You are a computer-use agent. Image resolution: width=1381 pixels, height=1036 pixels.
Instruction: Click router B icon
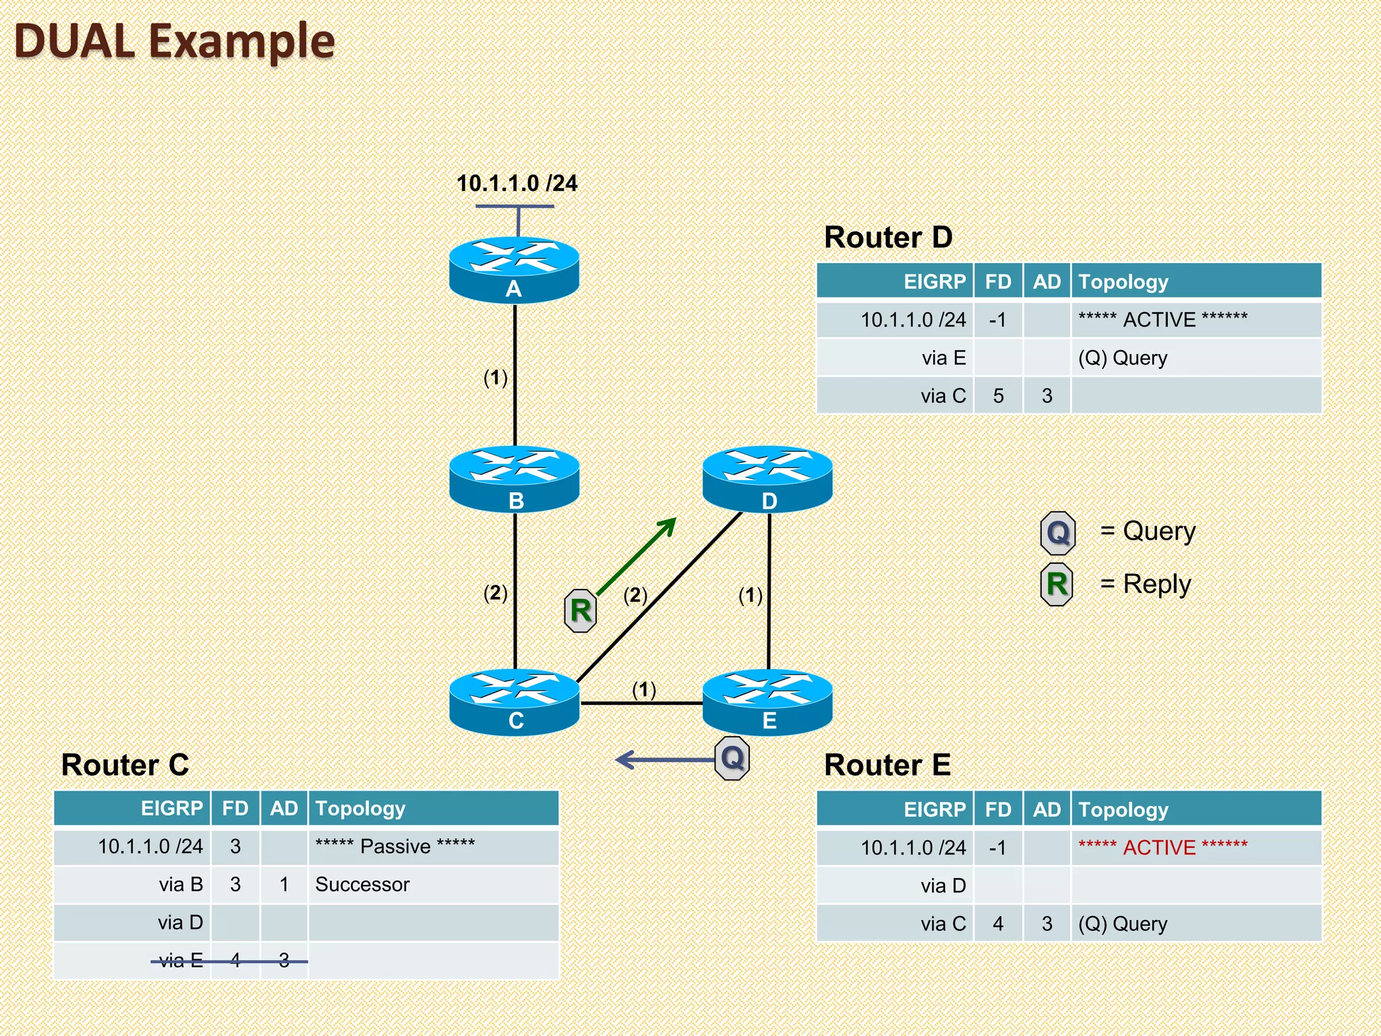coord(514,478)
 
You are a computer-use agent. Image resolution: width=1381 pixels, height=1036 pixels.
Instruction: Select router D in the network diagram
coord(767,478)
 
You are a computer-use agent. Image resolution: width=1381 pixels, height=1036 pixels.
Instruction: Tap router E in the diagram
coord(767,701)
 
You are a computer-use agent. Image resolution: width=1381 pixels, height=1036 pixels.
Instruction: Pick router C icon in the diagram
coord(514,701)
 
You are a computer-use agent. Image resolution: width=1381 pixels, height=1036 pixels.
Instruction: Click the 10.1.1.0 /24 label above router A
coord(517,183)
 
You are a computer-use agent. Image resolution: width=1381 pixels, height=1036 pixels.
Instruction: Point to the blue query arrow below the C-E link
coord(664,760)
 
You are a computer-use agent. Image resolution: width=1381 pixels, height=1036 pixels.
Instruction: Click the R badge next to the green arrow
coord(580,610)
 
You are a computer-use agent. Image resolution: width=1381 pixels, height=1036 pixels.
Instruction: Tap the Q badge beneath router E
coord(732,758)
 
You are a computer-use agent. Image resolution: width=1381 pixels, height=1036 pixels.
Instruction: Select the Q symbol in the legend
coord(1057,533)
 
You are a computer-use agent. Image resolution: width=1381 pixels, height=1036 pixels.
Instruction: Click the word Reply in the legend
coord(1156,584)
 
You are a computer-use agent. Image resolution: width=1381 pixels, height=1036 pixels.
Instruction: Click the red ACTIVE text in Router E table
coord(1163,847)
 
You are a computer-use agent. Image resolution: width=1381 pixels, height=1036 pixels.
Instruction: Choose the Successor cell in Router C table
coord(362,884)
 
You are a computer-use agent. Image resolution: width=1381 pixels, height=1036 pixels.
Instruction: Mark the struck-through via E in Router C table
coord(181,960)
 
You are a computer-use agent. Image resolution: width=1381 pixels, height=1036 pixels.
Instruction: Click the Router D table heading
coord(887,237)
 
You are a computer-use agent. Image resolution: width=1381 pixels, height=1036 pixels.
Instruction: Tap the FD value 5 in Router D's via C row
coord(998,396)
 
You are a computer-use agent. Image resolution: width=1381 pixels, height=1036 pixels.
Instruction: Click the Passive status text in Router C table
coord(395,846)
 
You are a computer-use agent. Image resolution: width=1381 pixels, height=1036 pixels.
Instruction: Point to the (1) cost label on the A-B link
coord(496,378)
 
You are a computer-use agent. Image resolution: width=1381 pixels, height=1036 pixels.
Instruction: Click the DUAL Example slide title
coord(174,41)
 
